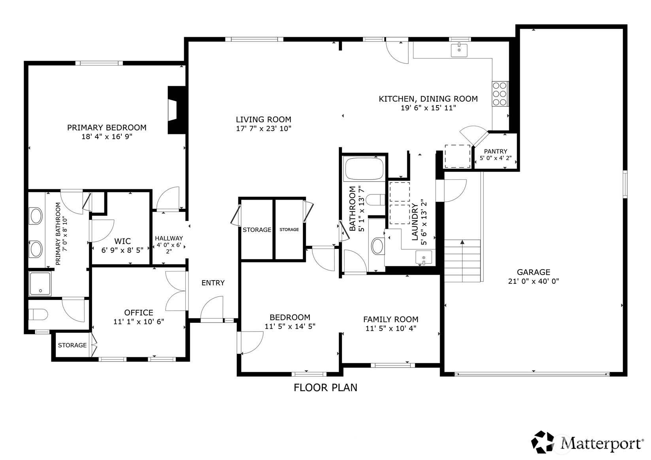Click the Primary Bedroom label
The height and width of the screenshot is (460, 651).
tap(107, 128)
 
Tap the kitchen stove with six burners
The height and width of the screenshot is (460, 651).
tap(500, 94)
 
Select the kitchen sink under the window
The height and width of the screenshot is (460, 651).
tap(459, 50)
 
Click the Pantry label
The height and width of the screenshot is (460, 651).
tap(495, 151)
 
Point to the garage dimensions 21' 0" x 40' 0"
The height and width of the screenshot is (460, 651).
tap(533, 281)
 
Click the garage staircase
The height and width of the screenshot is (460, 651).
tap(462, 261)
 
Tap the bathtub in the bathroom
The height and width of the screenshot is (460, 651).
tap(364, 169)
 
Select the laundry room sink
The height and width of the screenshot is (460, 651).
tap(424, 258)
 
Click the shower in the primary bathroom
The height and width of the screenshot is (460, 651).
tap(40, 283)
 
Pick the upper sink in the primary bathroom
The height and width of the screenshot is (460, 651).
tap(36, 216)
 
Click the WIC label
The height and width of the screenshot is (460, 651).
tap(122, 241)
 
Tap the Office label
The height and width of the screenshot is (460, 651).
tap(138, 313)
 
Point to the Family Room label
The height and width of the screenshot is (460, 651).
tap(391, 319)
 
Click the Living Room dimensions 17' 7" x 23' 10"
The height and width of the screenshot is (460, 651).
tap(263, 128)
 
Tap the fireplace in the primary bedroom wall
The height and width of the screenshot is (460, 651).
tap(173, 110)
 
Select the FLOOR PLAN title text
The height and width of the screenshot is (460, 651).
tap(325, 388)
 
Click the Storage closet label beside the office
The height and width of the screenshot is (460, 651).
tap(72, 345)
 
